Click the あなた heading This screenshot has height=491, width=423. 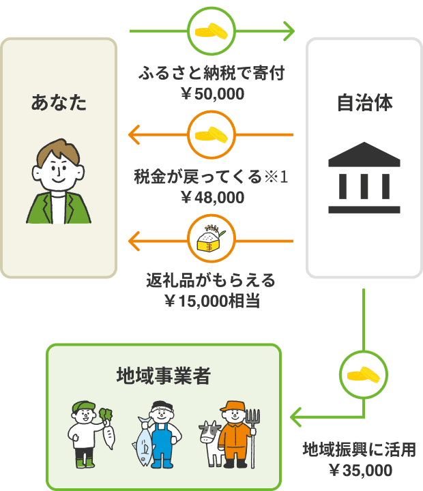point(59,104)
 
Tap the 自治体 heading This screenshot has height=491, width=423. point(364,104)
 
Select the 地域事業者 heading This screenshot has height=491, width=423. point(163,376)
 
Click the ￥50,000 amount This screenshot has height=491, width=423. point(212,93)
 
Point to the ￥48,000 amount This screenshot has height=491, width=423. point(212,197)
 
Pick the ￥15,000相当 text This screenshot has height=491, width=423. point(212,301)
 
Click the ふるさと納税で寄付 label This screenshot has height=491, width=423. point(211,74)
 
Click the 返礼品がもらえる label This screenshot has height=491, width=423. point(211,280)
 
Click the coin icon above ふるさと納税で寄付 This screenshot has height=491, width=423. point(211,31)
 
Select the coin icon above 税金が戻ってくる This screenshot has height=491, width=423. point(211,135)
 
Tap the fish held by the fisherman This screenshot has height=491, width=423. point(145,443)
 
